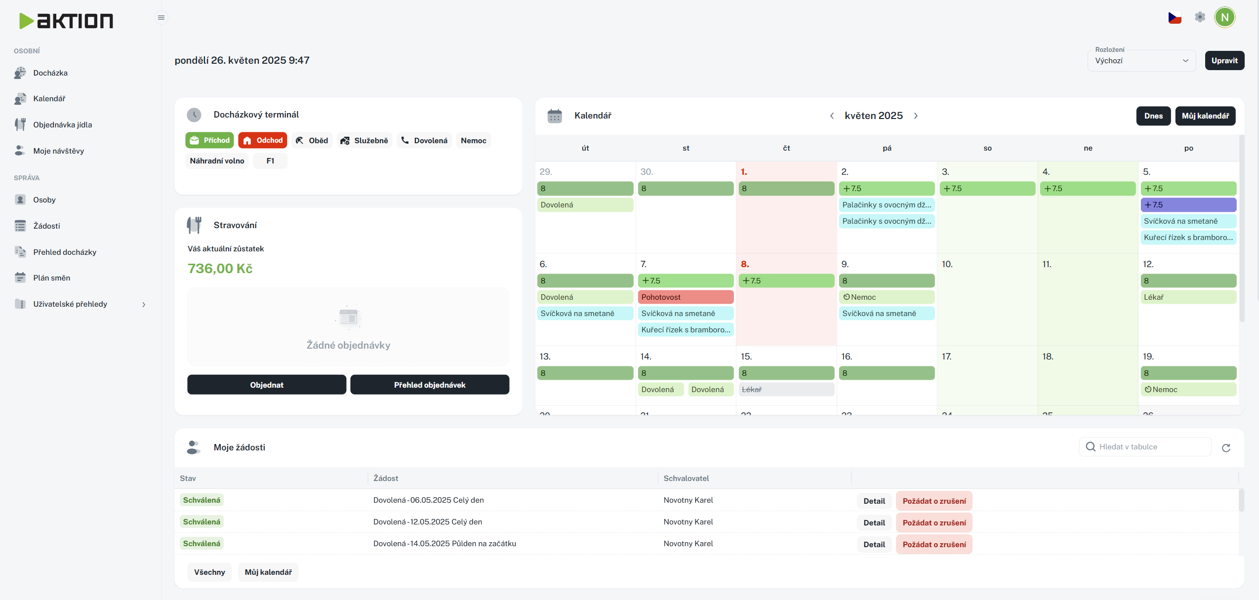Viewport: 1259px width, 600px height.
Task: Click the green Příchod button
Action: click(x=210, y=140)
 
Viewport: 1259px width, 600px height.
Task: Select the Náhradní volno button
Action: click(x=217, y=161)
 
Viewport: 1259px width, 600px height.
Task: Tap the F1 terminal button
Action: click(x=270, y=161)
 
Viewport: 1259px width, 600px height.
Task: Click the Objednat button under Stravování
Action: click(x=267, y=385)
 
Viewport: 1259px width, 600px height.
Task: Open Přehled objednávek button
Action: click(x=429, y=385)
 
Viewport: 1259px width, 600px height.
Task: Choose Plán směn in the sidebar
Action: click(x=51, y=278)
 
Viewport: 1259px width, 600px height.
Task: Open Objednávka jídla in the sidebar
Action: click(x=62, y=125)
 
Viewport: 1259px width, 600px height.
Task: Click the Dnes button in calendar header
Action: click(x=1153, y=116)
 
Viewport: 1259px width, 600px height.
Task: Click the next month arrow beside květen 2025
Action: click(x=916, y=116)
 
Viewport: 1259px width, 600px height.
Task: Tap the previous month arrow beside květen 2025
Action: click(x=832, y=116)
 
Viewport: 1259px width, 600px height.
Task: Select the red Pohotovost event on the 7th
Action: click(x=686, y=297)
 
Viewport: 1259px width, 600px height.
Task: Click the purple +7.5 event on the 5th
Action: click(x=1188, y=205)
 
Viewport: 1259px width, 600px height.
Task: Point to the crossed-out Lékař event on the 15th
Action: click(x=786, y=390)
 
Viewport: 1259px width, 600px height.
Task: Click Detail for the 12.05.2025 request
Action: click(x=874, y=522)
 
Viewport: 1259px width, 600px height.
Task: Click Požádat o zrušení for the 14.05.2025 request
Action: click(x=934, y=544)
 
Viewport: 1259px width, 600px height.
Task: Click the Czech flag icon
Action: click(x=1175, y=18)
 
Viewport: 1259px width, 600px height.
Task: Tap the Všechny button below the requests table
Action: click(x=209, y=572)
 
